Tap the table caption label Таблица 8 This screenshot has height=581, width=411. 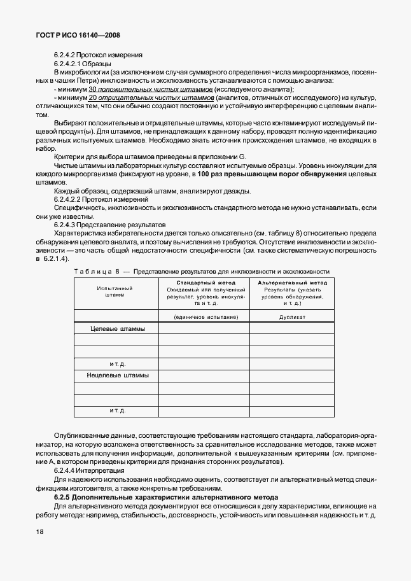click(96, 271)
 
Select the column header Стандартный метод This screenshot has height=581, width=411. click(204, 283)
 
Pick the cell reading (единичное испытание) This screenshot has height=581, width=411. click(204, 316)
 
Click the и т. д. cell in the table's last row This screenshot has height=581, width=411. click(117, 410)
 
